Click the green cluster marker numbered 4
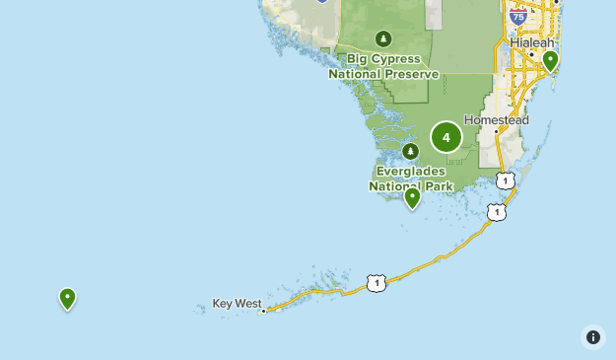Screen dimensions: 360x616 click(446, 137)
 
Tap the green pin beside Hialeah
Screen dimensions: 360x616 click(550, 61)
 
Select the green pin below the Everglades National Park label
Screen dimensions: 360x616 click(413, 197)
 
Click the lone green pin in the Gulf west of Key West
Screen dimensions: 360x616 click(67, 297)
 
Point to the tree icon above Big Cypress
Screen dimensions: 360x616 click(383, 39)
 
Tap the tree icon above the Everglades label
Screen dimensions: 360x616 click(411, 152)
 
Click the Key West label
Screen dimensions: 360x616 click(236, 304)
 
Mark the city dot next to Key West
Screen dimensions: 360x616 click(264, 310)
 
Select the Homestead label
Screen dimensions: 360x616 click(497, 120)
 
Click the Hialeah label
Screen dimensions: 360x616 click(532, 43)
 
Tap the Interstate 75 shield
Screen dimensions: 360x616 click(517, 16)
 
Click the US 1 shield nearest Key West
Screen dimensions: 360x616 click(376, 283)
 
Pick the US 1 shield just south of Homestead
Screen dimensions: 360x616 click(506, 180)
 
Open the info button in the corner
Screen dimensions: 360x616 click(592, 337)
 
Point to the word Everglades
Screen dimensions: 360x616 click(411, 171)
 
